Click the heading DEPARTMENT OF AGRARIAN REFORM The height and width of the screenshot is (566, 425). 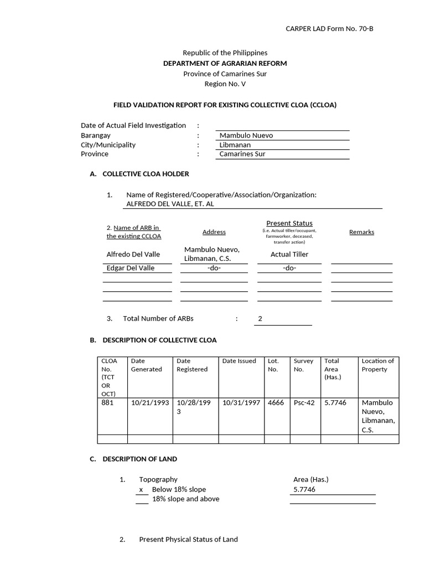point(225,64)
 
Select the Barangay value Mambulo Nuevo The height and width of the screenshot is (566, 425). point(246,135)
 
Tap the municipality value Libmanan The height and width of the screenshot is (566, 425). point(235,145)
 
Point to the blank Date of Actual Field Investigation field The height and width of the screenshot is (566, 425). point(282,125)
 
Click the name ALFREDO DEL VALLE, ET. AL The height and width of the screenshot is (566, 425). point(170,204)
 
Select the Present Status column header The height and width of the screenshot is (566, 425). point(289,223)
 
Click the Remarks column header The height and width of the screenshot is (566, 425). point(361,232)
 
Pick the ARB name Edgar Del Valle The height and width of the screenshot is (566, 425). point(131,268)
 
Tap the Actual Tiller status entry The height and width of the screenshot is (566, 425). point(289,254)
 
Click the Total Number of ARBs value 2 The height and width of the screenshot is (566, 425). point(260,319)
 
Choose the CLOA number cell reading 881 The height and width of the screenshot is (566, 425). point(107,403)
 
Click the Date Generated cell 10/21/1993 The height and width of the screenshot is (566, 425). point(150,403)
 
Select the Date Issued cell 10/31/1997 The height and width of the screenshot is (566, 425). point(241,403)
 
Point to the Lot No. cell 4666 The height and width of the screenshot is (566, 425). point(276,403)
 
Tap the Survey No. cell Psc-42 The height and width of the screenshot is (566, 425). point(304,403)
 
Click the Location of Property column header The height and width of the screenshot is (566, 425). point(378,365)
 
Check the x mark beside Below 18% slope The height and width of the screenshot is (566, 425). point(141,490)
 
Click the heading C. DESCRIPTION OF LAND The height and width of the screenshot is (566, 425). point(133,459)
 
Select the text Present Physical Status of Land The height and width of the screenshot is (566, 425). point(188,539)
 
